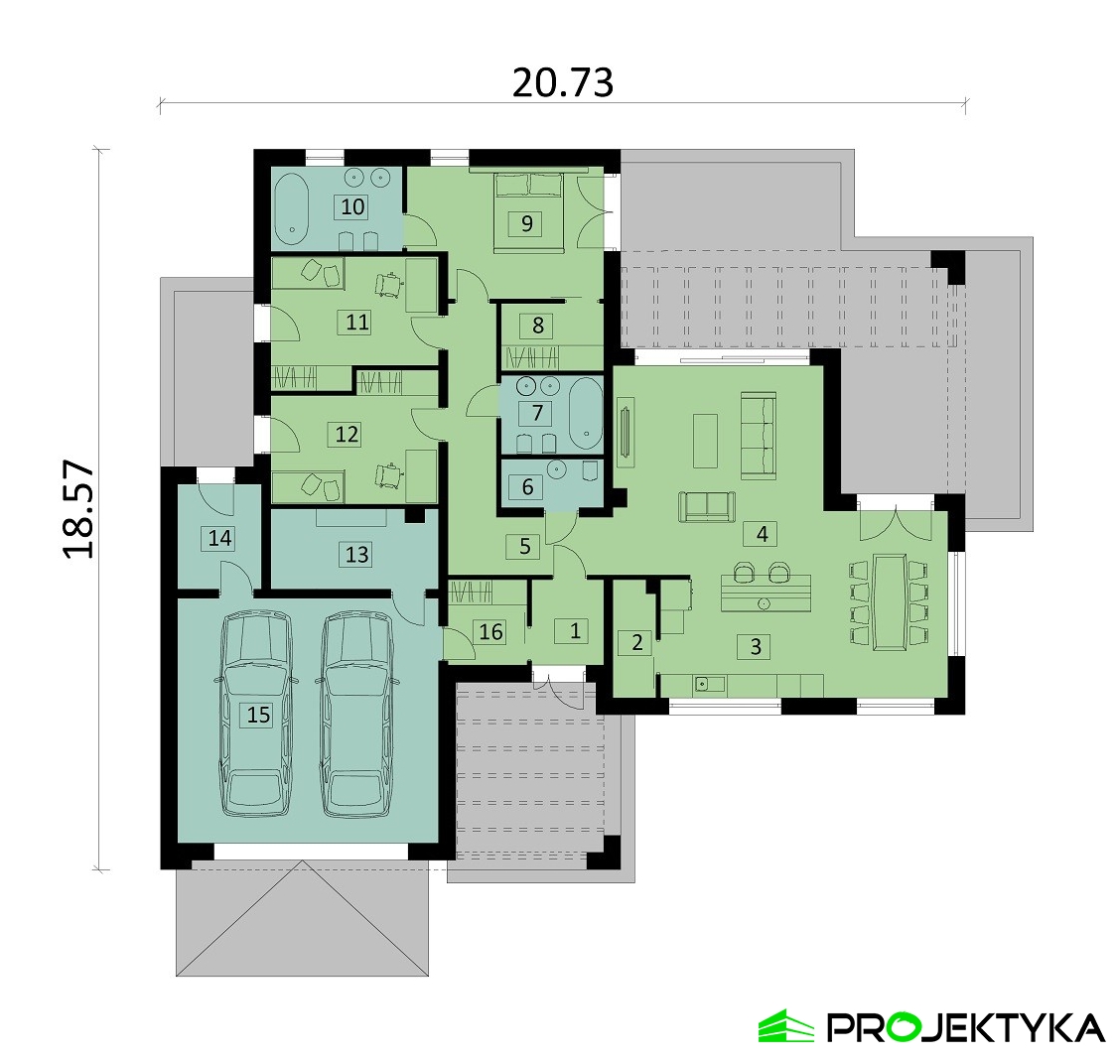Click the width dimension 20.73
[562, 82]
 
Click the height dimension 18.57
[78, 508]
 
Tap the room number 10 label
[353, 206]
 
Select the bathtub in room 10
[290, 205]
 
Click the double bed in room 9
[527, 211]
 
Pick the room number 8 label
[537, 326]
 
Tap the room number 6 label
[527, 486]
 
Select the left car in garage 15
[255, 715]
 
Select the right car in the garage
[355, 715]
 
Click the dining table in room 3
[889, 601]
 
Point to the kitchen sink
[709, 684]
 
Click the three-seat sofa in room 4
[758, 436]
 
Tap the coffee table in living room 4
[705, 441]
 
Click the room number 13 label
[356, 554]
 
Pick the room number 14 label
[220, 538]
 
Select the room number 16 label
[490, 631]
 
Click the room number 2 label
[637, 642]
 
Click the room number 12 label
[347, 434]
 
